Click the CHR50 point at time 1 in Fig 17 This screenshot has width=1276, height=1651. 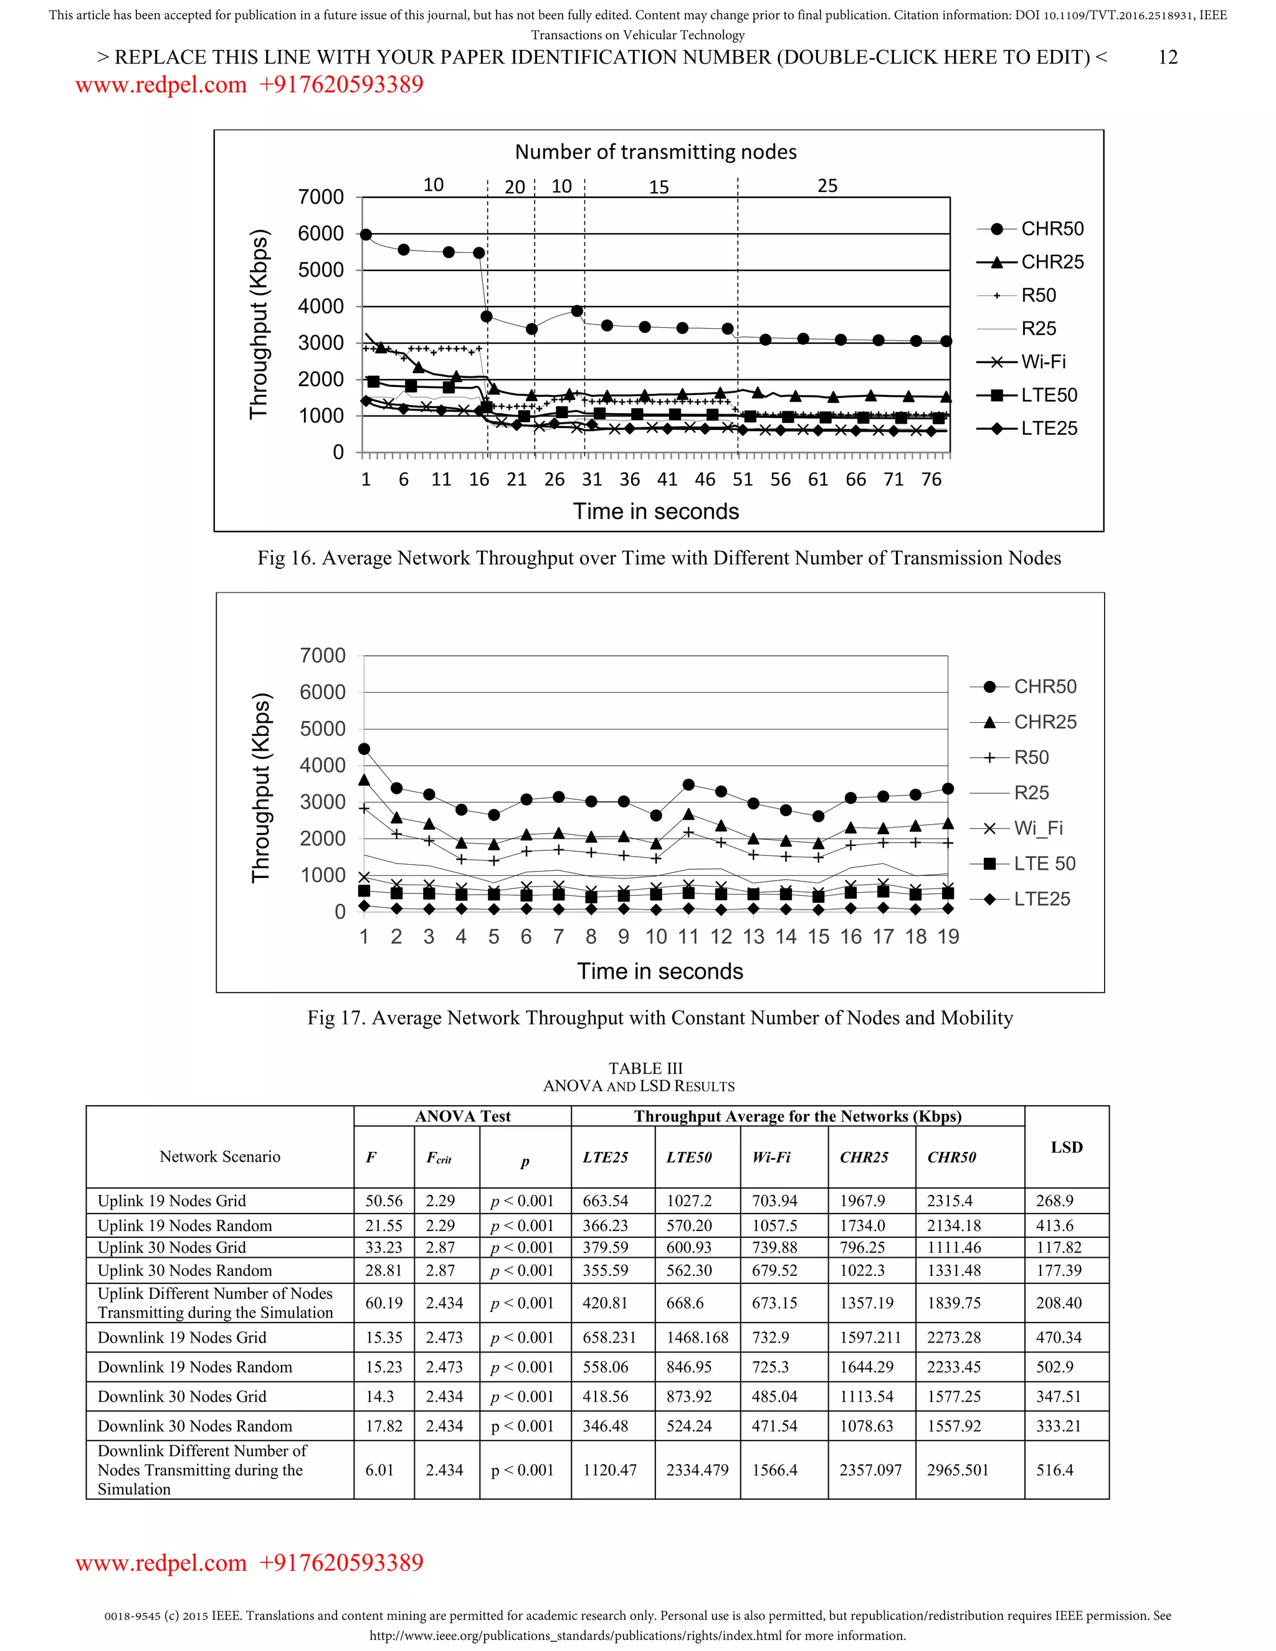pos(364,749)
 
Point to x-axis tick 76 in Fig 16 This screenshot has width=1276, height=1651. pos(931,479)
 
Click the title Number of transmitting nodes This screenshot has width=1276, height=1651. pos(655,152)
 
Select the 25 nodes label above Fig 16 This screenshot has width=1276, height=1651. pos(827,186)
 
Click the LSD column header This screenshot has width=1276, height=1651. pos(1066,1147)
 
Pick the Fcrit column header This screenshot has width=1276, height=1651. pos(439,1158)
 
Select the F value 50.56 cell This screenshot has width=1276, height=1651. pos(384,1201)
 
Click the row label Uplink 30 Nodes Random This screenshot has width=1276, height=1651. pos(184,1271)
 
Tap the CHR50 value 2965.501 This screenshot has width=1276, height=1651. pos(957,1470)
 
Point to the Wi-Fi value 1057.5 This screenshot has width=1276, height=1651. pos(774,1225)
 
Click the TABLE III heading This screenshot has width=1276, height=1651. pos(645,1068)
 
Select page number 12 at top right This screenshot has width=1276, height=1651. pos(1167,57)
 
